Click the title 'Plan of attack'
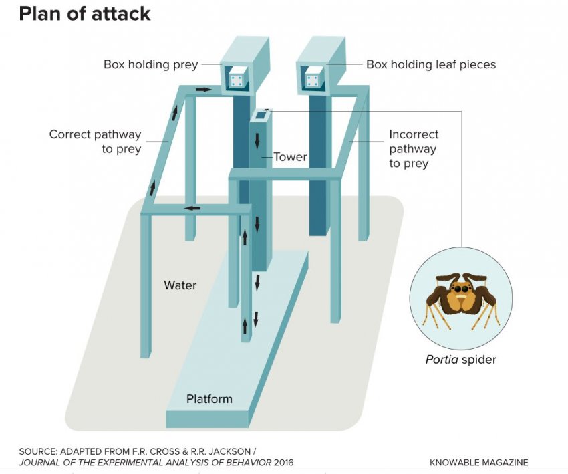(85, 13)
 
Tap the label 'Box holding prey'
(150, 65)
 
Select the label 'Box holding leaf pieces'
(431, 65)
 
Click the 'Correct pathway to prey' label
(95, 142)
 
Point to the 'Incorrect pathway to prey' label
(414, 148)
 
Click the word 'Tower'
(290, 157)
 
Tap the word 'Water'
(180, 285)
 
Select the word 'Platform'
(209, 399)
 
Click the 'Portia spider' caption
(461, 360)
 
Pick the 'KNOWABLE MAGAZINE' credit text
(478, 462)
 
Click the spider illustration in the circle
(461, 299)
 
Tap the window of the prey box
(236, 81)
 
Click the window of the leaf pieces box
(312, 81)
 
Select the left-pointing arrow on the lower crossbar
(193, 208)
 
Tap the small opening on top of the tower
(260, 114)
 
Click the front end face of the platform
(207, 419)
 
